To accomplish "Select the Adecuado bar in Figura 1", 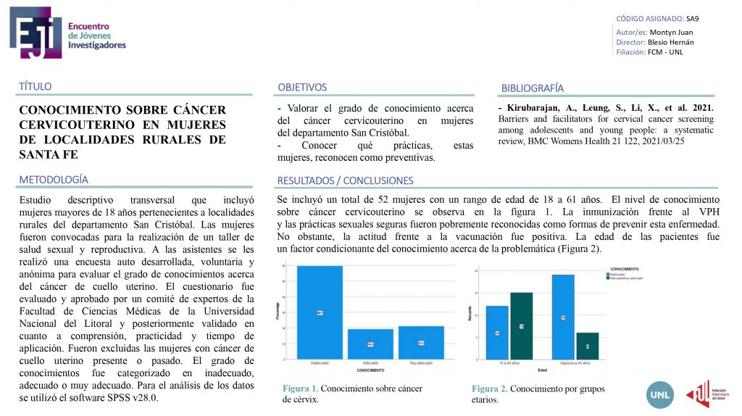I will [370, 344].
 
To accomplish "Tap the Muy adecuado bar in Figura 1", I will [421, 341].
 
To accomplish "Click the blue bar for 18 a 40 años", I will [497, 332].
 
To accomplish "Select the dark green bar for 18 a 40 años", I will [521, 325].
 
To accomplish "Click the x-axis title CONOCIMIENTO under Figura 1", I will [370, 370].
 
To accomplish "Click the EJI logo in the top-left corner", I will [30, 34].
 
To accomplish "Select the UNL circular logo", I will [660, 393].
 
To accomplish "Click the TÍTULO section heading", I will [36, 86].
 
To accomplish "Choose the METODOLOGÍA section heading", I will [54, 179].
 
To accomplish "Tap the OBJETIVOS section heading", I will [302, 87].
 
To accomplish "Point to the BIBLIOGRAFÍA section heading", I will [532, 88].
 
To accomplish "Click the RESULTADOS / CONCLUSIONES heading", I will [345, 180].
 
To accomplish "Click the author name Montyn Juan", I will [671, 32].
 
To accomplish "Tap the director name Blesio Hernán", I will [670, 42].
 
